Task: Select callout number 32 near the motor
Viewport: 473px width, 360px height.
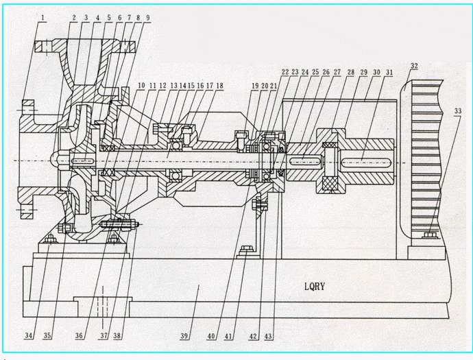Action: (x=414, y=67)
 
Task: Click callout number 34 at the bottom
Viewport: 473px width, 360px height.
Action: (x=28, y=336)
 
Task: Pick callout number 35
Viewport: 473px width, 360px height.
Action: (x=47, y=336)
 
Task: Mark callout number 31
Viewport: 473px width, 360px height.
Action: (x=389, y=72)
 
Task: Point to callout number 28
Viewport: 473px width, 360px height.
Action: (x=350, y=72)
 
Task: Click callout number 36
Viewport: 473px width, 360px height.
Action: (x=80, y=336)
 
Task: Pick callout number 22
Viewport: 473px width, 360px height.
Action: (x=285, y=72)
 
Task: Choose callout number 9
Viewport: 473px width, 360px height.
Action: (x=147, y=16)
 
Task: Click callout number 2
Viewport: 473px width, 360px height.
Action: (x=73, y=16)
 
